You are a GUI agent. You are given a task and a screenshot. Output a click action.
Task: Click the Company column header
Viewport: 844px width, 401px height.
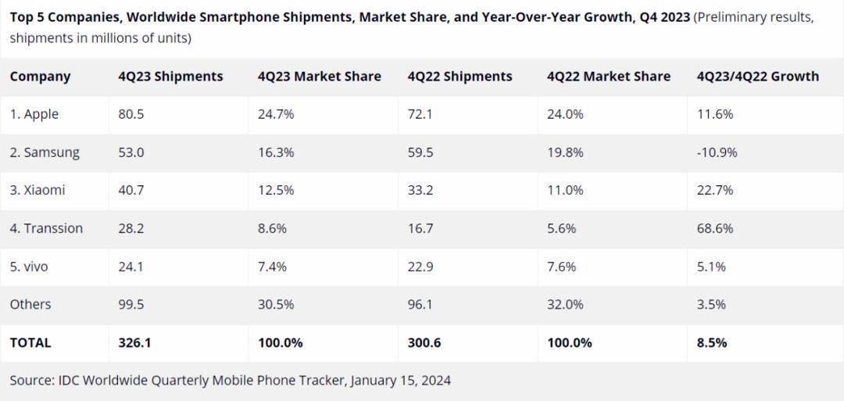(x=40, y=77)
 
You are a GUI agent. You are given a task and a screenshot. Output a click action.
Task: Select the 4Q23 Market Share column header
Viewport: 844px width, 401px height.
(x=319, y=77)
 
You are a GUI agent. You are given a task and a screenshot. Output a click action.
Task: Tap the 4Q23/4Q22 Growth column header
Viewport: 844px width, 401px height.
(x=757, y=77)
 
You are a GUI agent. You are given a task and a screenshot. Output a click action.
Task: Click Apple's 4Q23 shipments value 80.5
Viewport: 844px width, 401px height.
(x=131, y=114)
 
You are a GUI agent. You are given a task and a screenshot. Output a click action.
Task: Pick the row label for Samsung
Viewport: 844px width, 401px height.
(x=45, y=152)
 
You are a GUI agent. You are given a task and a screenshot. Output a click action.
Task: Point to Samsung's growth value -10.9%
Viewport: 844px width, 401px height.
(x=717, y=152)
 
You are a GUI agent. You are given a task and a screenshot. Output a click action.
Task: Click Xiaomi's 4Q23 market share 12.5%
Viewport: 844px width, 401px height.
(x=276, y=190)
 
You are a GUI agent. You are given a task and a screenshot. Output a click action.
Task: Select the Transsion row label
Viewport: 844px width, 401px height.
(x=46, y=228)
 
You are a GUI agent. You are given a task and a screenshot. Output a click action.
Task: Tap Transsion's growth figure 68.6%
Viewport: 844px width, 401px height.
(x=715, y=228)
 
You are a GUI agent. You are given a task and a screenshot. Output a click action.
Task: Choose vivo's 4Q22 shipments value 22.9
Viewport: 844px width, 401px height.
(x=420, y=267)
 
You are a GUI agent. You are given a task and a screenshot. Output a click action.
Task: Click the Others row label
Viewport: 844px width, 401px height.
(x=30, y=304)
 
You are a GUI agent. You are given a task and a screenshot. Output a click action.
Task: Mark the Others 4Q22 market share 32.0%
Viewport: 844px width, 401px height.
(x=565, y=304)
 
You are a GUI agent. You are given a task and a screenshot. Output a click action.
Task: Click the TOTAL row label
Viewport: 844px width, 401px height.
(x=30, y=342)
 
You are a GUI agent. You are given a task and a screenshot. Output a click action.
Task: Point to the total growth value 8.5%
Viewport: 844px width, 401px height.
(x=711, y=342)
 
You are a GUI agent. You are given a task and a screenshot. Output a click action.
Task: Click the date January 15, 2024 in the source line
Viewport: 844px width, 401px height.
(x=401, y=381)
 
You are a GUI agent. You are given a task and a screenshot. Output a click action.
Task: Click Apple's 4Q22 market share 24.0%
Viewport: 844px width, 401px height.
(x=565, y=114)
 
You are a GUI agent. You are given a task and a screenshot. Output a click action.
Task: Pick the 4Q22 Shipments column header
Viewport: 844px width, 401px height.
(x=460, y=77)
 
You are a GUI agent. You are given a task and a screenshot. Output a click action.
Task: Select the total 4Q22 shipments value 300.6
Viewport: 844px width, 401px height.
(x=425, y=342)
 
